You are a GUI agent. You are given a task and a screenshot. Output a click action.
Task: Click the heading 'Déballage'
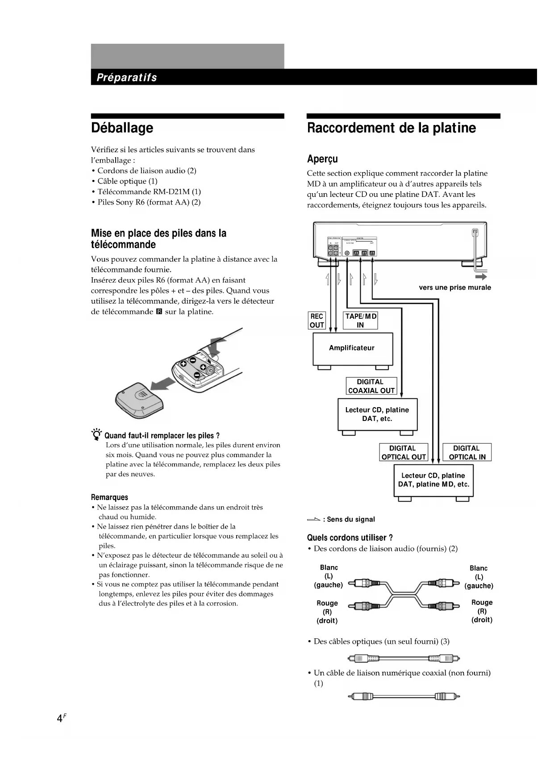coord(122,128)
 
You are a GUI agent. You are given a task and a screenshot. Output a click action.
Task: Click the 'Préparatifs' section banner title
coord(127,78)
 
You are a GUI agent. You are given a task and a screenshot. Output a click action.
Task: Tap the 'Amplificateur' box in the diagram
coord(352,348)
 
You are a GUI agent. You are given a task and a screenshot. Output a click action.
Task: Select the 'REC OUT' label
coord(317,321)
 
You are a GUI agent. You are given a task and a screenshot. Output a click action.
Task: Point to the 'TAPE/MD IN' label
coord(360,321)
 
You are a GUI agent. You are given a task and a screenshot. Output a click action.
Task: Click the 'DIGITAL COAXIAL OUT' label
coord(371,386)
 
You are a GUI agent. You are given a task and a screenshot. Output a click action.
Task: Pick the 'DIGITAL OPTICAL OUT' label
coord(403,452)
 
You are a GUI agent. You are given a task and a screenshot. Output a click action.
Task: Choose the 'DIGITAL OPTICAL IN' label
coord(467,452)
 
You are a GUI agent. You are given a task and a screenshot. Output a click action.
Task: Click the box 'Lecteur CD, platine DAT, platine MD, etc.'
coord(433,480)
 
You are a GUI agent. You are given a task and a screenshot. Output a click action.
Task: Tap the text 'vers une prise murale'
coord(454,287)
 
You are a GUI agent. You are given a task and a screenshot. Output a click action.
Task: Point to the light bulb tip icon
coord(96,434)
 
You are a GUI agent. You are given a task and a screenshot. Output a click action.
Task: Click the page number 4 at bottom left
coord(59,718)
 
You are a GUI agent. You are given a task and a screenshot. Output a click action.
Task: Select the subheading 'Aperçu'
coord(322,159)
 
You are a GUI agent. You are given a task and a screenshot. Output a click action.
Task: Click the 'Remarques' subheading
coord(109,497)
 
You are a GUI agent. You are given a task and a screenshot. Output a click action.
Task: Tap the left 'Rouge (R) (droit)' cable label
coord(327,612)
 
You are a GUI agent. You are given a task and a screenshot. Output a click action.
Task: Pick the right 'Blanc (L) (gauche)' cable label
coord(479,577)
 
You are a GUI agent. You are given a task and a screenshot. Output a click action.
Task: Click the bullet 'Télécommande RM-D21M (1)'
coord(149,192)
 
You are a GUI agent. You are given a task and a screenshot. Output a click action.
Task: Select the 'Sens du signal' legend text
coord(350,519)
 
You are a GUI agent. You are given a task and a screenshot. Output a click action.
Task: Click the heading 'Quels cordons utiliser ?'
coord(350,537)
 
